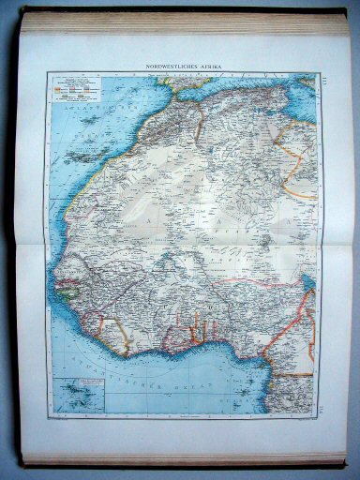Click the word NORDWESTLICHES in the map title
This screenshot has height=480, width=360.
(168, 67)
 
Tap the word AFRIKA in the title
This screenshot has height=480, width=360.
(208, 67)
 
